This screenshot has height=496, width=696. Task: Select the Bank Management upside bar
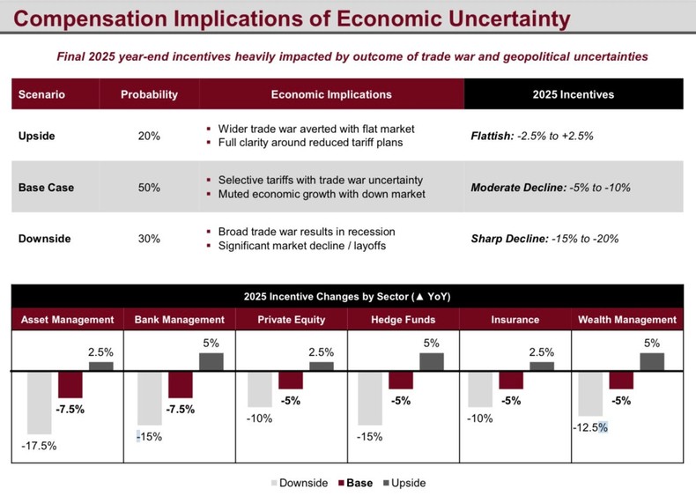point(211,361)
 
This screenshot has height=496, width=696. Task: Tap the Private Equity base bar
point(290,380)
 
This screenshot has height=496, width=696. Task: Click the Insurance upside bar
point(542,365)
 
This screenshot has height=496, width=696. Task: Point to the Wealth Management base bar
point(621,380)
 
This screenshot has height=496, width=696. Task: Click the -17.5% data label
point(39,446)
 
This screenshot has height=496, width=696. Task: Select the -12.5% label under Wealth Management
point(590,427)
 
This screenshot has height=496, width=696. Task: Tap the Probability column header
point(149,94)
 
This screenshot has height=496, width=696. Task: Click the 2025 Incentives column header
point(574,94)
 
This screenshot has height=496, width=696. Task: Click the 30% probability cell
point(149,239)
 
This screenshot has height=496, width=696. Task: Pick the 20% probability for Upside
point(149,137)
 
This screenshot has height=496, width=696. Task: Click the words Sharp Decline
point(508,239)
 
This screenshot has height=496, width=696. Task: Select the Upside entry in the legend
point(404,483)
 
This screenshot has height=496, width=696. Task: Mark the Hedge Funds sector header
point(404,320)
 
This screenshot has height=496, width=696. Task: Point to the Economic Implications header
point(331,94)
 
